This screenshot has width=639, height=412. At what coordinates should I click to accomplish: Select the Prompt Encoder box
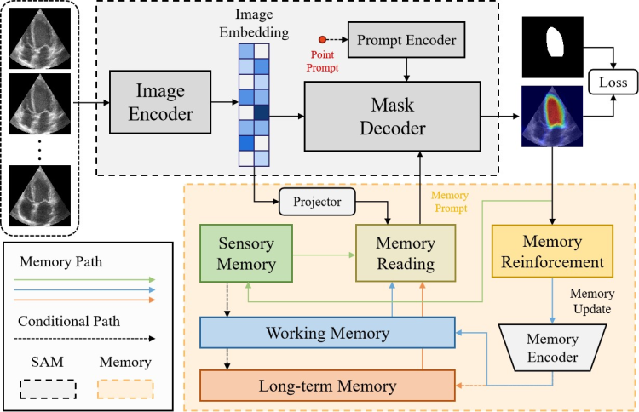[406, 40]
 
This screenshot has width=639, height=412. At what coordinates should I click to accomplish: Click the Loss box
[613, 83]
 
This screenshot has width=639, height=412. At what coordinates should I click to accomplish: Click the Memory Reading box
[406, 253]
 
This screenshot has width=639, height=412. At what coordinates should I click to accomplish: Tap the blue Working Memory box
[328, 330]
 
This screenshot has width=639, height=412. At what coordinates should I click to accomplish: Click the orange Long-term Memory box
[328, 386]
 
